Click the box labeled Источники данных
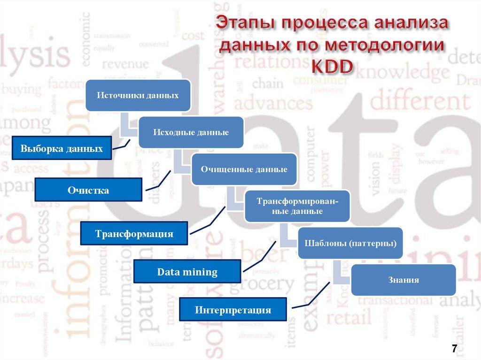[x=138, y=95]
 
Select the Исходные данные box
[x=190, y=132]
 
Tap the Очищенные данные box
[x=244, y=169]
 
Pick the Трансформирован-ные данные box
[x=296, y=206]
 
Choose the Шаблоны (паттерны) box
[x=350, y=243]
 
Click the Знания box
[x=403, y=280]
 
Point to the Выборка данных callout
[x=62, y=149]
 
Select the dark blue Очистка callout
[x=88, y=190]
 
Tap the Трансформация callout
[x=134, y=233]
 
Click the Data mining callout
[x=187, y=272]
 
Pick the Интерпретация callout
[x=233, y=310]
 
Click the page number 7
[x=454, y=348]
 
